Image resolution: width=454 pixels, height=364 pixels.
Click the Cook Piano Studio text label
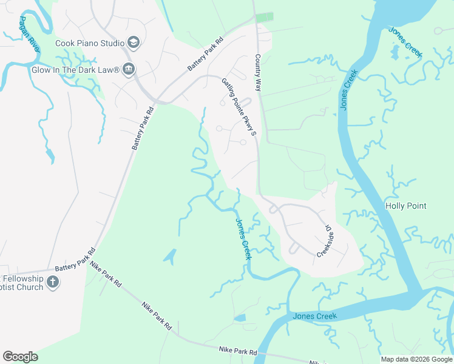click(x=89, y=43)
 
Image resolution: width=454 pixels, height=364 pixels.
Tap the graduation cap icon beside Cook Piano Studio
click(x=134, y=42)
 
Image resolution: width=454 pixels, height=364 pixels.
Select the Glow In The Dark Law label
click(x=75, y=70)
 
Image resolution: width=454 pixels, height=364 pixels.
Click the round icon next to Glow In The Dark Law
click(x=128, y=70)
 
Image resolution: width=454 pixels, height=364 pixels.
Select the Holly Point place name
click(x=406, y=206)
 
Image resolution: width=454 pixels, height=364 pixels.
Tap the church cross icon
click(x=53, y=282)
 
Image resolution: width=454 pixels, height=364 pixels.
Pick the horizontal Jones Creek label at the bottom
click(x=314, y=316)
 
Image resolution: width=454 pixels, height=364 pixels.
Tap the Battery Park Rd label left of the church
click(x=75, y=260)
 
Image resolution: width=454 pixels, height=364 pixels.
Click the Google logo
click(x=20, y=357)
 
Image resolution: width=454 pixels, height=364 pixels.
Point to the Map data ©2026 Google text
click(x=416, y=359)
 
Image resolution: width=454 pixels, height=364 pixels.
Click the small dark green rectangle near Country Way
click(x=263, y=17)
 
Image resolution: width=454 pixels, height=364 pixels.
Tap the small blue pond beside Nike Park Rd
click(x=240, y=317)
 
